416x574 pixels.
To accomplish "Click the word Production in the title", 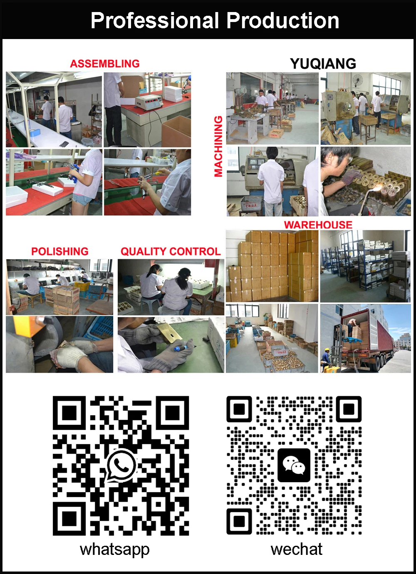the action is coord(282,21).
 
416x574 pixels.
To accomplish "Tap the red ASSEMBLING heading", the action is coord(105,64).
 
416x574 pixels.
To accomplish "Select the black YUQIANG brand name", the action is coord(323,64).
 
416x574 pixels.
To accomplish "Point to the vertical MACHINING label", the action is coord(218,146).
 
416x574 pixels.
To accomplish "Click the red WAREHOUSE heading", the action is coord(318,225).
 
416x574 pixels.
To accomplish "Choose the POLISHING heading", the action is coord(60,251).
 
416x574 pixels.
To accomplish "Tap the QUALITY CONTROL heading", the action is coord(171,251).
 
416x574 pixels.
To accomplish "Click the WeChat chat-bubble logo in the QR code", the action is coord(294,465).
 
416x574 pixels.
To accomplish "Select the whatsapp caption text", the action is coord(115,549).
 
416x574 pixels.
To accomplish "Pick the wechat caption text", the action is coord(297,549).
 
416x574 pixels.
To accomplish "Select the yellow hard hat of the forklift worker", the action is coord(327,350).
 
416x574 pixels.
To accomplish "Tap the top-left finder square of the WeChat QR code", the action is coord(239,409).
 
